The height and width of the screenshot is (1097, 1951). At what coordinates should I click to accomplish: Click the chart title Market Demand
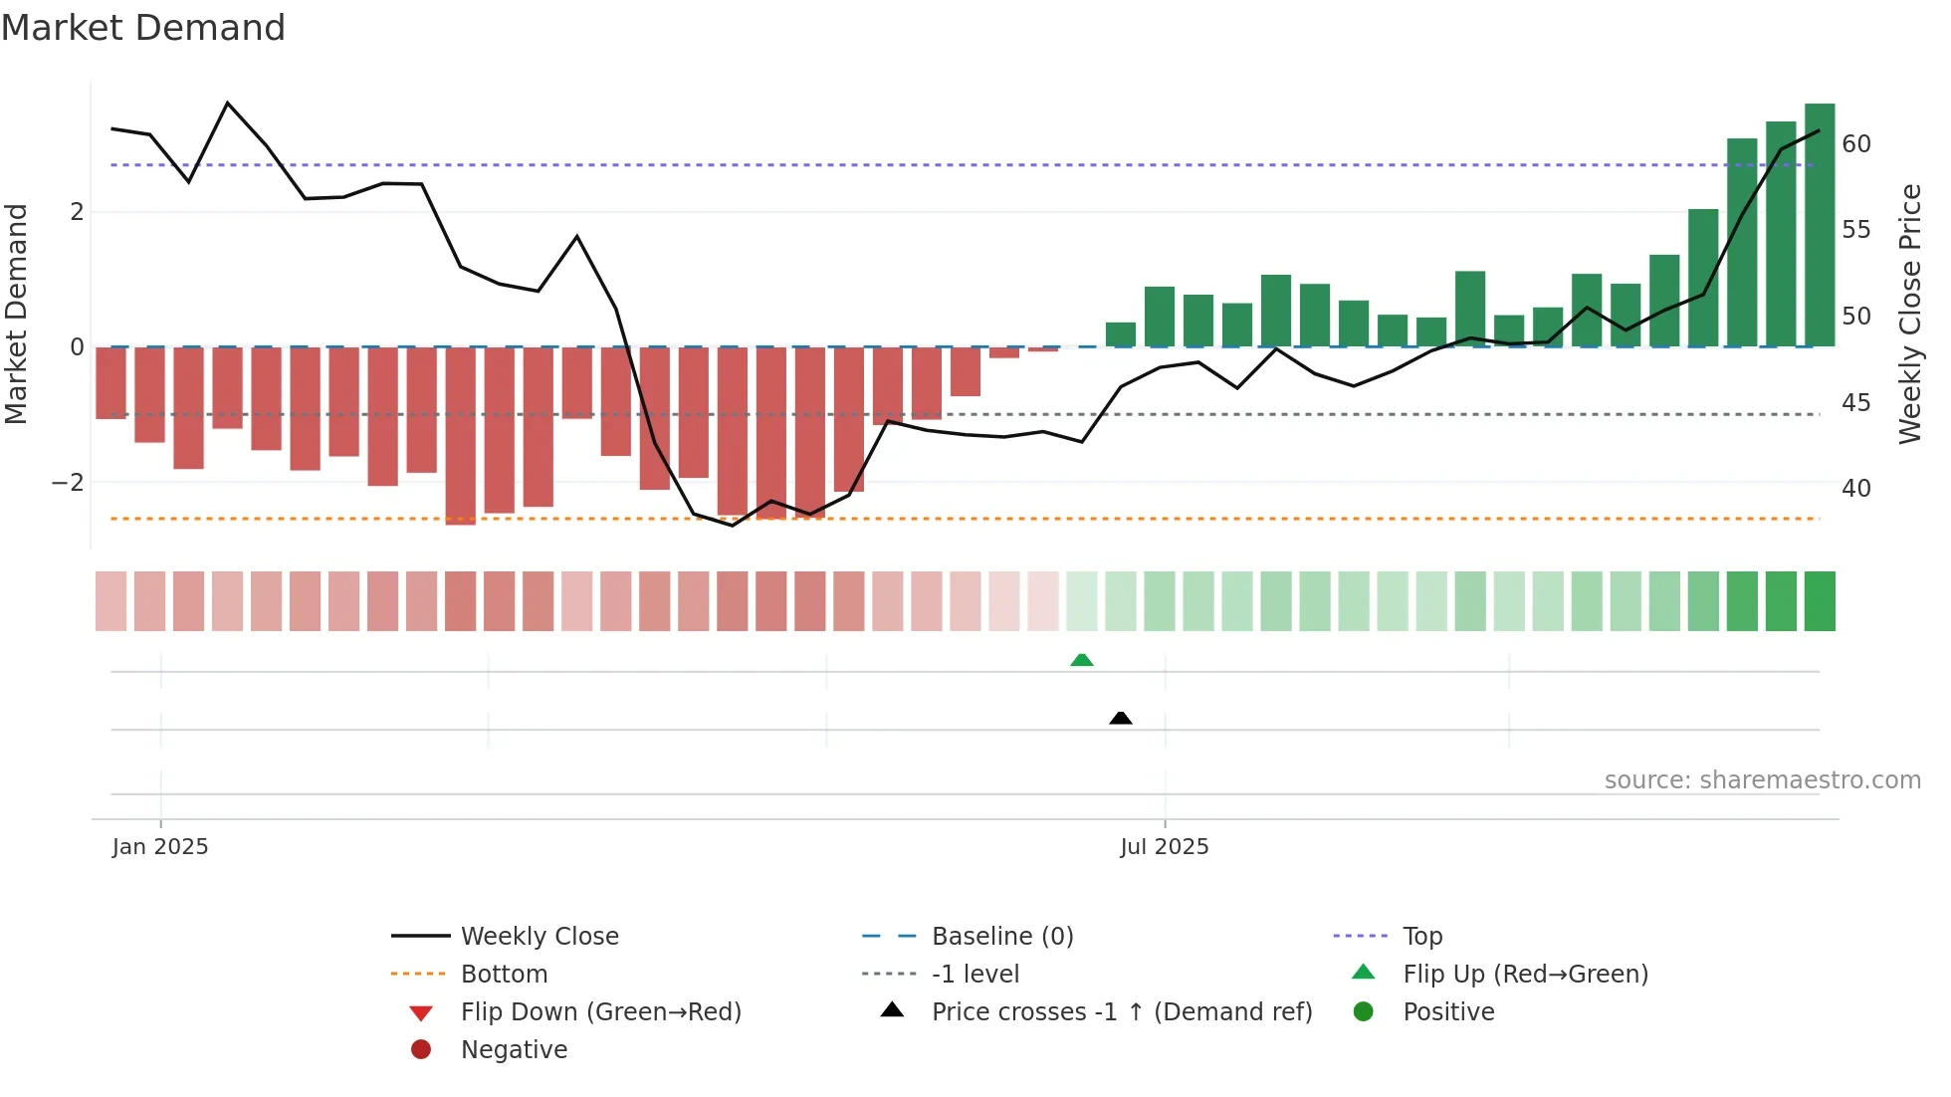[143, 28]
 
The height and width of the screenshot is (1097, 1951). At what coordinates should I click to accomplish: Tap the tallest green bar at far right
[1819, 225]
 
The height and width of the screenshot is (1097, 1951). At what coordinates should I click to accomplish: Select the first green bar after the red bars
[1120, 334]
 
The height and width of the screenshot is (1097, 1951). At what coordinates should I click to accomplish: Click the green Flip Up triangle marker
[1081, 660]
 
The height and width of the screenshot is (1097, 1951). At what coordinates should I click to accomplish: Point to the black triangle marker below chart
[1120, 718]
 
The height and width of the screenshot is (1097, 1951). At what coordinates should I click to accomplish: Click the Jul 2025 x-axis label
[1164, 847]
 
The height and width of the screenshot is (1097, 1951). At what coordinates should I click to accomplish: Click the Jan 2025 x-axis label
[160, 847]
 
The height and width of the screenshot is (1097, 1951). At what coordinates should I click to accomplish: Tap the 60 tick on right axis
[1855, 144]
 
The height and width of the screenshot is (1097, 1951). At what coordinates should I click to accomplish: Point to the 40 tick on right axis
[1855, 489]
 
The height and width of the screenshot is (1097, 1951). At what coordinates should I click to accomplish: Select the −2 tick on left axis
[68, 483]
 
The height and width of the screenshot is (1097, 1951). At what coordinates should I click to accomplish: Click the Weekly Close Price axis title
[1908, 314]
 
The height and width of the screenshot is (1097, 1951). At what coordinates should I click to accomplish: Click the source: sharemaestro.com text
[1762, 780]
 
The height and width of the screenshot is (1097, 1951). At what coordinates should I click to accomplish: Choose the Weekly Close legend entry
[539, 937]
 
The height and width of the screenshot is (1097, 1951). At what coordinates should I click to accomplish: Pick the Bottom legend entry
[504, 975]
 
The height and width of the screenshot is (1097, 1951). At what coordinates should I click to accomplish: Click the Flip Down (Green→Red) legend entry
[600, 1012]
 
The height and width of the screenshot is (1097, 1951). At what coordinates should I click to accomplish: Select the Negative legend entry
[514, 1050]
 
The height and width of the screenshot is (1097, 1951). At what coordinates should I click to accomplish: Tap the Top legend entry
[1421, 937]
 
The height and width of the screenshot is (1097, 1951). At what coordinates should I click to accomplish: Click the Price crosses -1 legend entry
[1121, 1012]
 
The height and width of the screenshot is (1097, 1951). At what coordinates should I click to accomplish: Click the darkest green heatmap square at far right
[1819, 601]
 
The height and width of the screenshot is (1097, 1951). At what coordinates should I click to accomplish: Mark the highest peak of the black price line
[228, 104]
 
